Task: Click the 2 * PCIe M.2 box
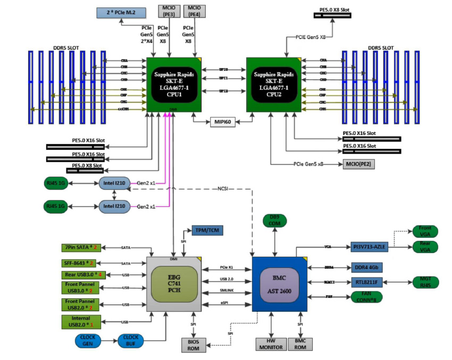pos(122,12)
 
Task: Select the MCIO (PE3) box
pos(169,11)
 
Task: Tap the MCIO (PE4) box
pos(194,11)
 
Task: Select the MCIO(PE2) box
pos(359,164)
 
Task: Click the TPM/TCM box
pos(208,230)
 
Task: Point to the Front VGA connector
pos(425,231)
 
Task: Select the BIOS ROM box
pos(194,344)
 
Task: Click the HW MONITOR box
pos(271,344)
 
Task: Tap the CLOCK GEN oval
pos(87,340)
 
